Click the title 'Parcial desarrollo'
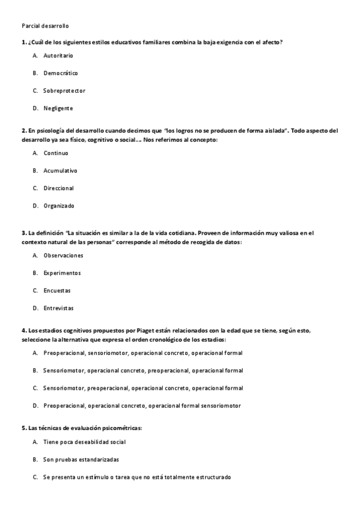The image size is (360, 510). pyautogui.click(x=45, y=26)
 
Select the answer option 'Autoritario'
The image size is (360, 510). pyautogui.click(x=58, y=55)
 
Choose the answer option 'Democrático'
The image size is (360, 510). pyautogui.click(x=60, y=73)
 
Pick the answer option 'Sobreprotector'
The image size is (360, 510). pyautogui.click(x=64, y=91)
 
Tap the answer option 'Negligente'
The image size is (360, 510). pyautogui.click(x=58, y=108)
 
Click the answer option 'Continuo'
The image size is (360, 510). pyautogui.click(x=55, y=153)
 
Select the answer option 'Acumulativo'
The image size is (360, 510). pyautogui.click(x=60, y=170)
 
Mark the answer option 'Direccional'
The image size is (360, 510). pyautogui.click(x=58, y=188)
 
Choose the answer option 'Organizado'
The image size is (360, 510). pyautogui.click(x=58, y=206)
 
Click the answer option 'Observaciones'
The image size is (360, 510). pyautogui.click(x=63, y=255)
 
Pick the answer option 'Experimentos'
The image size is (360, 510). pyautogui.click(x=62, y=272)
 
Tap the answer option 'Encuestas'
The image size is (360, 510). pyautogui.click(x=56, y=290)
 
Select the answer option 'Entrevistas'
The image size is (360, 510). pyautogui.click(x=58, y=308)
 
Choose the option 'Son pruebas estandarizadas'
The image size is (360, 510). pyautogui.click(x=81, y=459)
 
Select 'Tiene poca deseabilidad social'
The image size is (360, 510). pyautogui.click(x=84, y=441)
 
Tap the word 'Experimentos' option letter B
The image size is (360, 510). pyautogui.click(x=35, y=272)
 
